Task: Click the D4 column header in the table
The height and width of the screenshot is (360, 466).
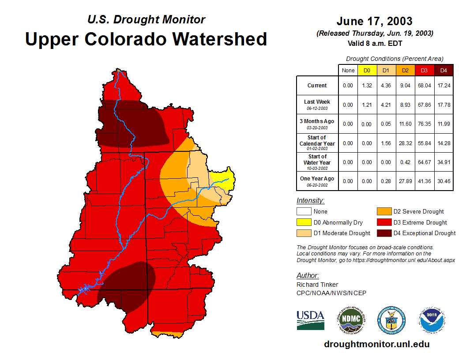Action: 443,70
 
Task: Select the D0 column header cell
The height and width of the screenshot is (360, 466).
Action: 367,70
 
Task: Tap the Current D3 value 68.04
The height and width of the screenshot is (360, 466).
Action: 425,86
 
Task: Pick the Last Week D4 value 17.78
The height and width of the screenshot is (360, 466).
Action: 443,105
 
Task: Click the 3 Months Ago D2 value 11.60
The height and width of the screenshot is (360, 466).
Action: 406,124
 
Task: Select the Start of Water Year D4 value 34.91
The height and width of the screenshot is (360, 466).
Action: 443,162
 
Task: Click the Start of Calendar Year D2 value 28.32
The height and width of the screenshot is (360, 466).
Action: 406,143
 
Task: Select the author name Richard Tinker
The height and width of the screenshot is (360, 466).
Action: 317,285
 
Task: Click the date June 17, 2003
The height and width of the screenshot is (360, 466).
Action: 374,21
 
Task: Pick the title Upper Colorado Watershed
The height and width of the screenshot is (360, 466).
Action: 146,39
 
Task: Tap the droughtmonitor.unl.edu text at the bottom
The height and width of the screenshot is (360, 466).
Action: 376,344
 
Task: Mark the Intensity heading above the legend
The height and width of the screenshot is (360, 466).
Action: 310,201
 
